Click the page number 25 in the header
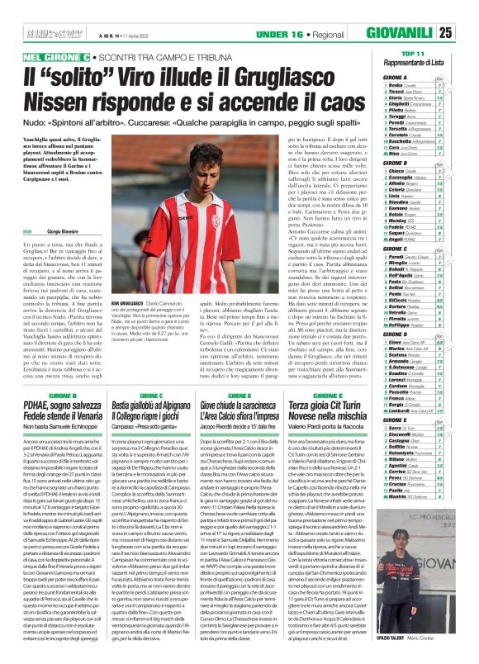(x=468, y=10)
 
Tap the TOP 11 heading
(x=435, y=30)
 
